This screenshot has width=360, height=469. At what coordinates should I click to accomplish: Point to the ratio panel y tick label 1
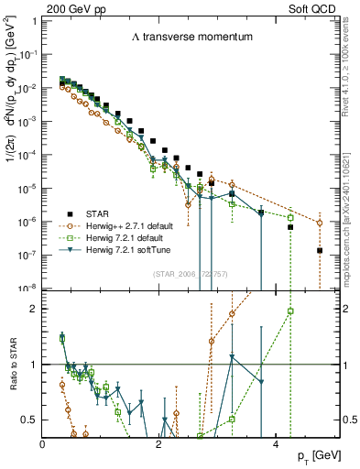34,365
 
